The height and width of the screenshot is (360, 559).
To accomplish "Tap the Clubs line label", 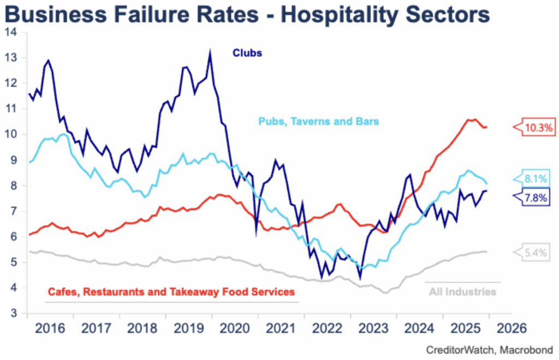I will (x=247, y=53).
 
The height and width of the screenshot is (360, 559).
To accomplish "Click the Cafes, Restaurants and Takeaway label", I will (x=170, y=292).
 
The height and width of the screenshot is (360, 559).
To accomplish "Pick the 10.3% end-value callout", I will (x=538, y=128).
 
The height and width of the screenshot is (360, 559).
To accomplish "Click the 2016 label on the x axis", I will (x=49, y=329).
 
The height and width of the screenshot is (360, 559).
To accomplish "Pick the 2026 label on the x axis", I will (x=512, y=329).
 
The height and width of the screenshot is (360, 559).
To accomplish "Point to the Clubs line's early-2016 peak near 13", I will (x=49, y=61).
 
